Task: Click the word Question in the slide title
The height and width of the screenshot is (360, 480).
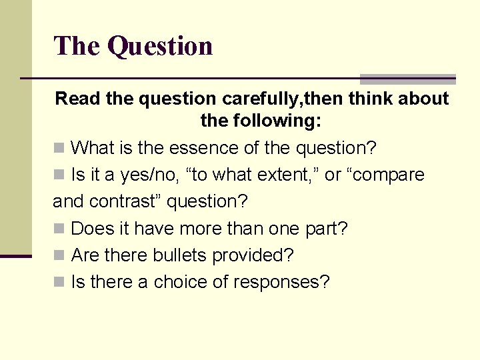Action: pyautogui.click(x=160, y=46)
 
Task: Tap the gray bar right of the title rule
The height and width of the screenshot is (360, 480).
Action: pyautogui.click(x=407, y=79)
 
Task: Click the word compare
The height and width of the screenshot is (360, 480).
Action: pyautogui.click(x=388, y=175)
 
